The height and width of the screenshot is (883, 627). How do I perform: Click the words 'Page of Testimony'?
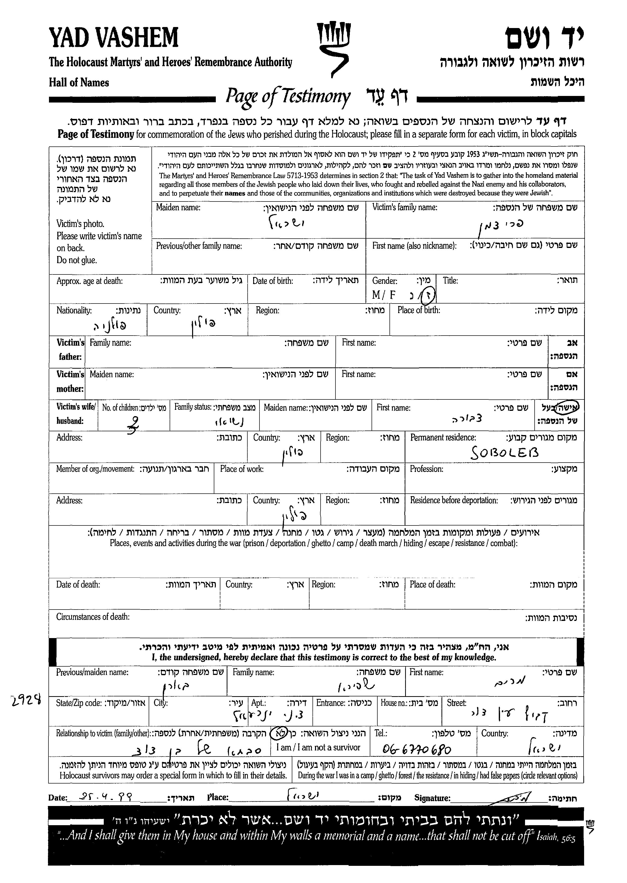pos(288,96)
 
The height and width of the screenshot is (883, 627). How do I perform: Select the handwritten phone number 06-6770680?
pos(417,750)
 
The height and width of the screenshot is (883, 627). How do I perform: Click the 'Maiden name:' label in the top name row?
pos(178,207)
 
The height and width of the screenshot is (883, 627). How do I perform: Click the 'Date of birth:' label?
pos(273,281)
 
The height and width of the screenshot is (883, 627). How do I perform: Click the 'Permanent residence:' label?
pos(443,438)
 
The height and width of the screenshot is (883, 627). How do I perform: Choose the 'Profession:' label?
pos(426,469)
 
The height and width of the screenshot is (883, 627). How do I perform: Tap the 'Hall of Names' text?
pos(79,83)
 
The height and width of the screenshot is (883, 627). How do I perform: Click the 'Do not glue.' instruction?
pos(76,260)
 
